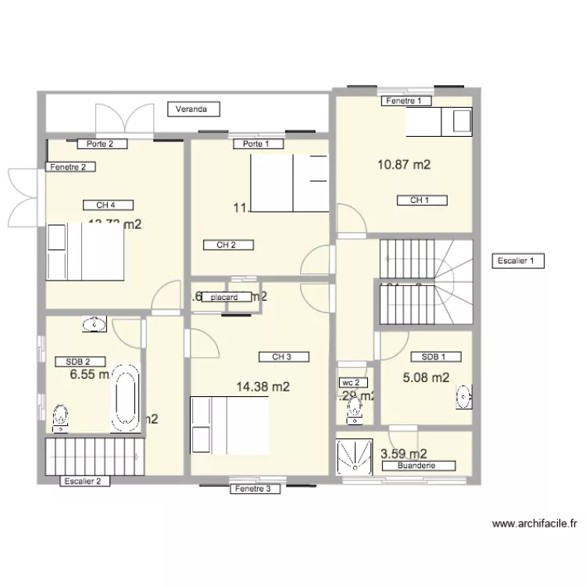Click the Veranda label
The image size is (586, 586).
point(191,109)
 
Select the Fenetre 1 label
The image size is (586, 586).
point(408,101)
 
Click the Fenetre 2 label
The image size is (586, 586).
point(72,166)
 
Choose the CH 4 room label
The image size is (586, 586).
point(108,205)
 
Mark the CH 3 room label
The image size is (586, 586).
point(283,357)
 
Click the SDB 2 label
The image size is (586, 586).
point(79,362)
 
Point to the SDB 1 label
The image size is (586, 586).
point(435,356)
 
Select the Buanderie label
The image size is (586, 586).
point(416,466)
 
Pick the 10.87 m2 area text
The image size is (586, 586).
point(404,165)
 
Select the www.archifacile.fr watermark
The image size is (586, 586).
point(535,524)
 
